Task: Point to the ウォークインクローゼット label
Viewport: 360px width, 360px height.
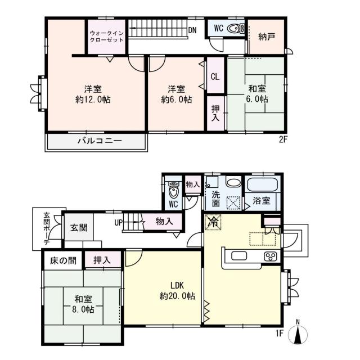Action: [106, 36]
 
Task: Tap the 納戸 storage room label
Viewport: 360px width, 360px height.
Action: [267, 37]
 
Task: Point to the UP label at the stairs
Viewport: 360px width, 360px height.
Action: [119, 222]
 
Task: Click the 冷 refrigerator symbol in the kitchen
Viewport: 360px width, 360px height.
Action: [213, 222]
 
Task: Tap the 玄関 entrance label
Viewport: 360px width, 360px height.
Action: [78, 229]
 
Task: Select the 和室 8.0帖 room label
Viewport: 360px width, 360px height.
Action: [83, 304]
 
